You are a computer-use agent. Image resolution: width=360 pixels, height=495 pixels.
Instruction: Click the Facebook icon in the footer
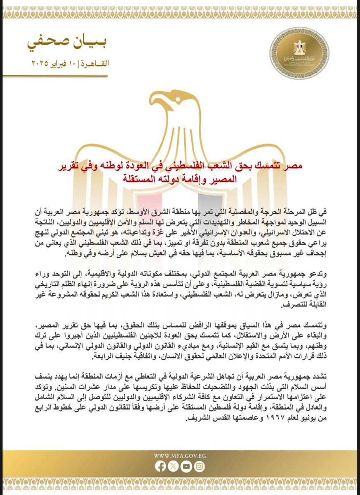tap(161, 467)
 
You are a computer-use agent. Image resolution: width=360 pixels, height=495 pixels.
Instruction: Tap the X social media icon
tap(174, 467)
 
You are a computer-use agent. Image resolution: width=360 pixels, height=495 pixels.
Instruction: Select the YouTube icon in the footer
tap(186, 467)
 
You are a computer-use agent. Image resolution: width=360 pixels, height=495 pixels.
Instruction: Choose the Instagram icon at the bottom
tap(199, 467)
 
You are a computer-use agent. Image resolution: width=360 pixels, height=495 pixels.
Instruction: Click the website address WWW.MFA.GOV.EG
tap(180, 456)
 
